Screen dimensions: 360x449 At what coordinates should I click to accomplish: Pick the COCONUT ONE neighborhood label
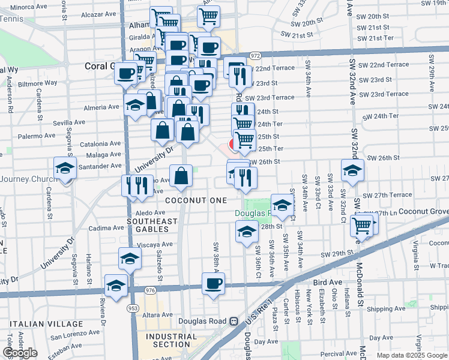tap(196, 200)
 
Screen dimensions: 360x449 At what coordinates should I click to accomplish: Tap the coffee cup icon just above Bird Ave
tap(212, 283)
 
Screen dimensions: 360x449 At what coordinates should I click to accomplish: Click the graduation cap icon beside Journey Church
tap(65, 168)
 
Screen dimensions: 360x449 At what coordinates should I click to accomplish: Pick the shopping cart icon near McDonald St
tap(362, 226)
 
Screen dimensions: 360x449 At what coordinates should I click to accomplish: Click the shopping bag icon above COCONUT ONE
tap(181, 176)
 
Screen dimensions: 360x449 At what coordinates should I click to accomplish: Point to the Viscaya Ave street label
tap(155, 245)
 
